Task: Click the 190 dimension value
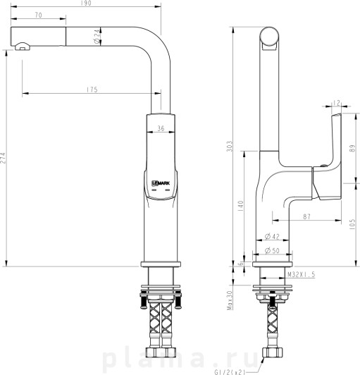(x=86, y=3)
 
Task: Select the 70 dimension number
(x=39, y=15)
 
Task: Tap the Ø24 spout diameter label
(x=97, y=37)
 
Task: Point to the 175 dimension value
(x=92, y=90)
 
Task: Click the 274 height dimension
(x=3, y=158)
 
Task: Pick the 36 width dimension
(x=161, y=128)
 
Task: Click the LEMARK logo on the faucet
(x=161, y=183)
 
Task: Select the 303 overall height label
(x=229, y=146)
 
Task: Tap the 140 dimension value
(x=240, y=206)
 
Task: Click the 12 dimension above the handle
(x=336, y=103)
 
